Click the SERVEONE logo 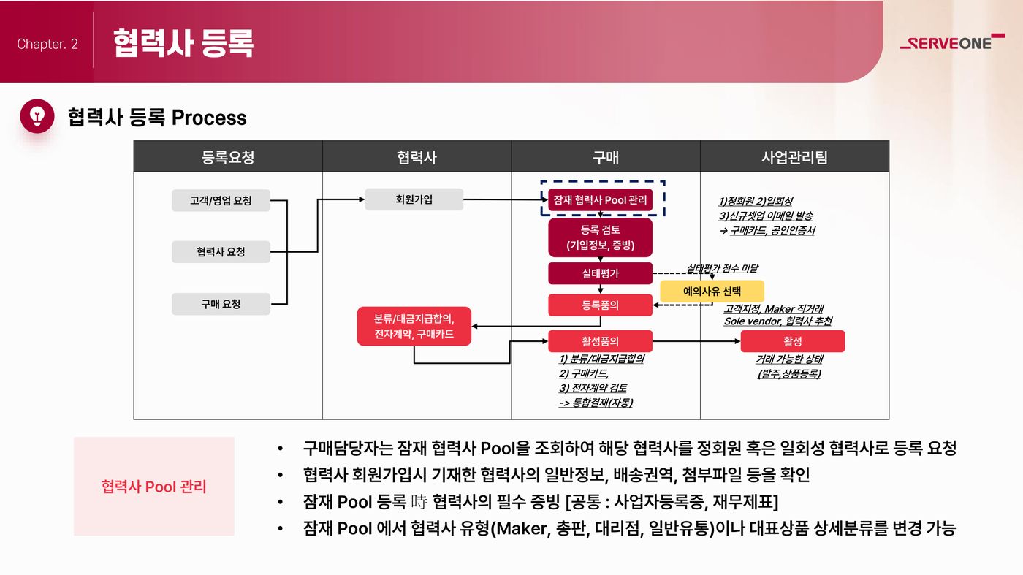[952, 42]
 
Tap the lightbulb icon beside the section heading [37, 116]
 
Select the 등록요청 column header [228, 156]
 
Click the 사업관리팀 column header [795, 156]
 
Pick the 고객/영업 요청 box [221, 200]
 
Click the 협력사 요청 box [221, 251]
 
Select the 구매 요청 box [221, 304]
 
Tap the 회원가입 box [414, 199]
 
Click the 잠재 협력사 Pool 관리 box [600, 199]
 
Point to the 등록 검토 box [600, 237]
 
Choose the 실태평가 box [600, 273]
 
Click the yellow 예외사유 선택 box [712, 291]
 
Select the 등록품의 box [600, 305]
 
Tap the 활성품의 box [600, 341]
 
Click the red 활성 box [792, 341]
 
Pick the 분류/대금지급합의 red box [414, 326]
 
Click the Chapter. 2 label [47, 44]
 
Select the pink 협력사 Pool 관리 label [154, 487]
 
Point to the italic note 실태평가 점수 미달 [722, 268]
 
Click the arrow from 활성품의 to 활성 [696, 341]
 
